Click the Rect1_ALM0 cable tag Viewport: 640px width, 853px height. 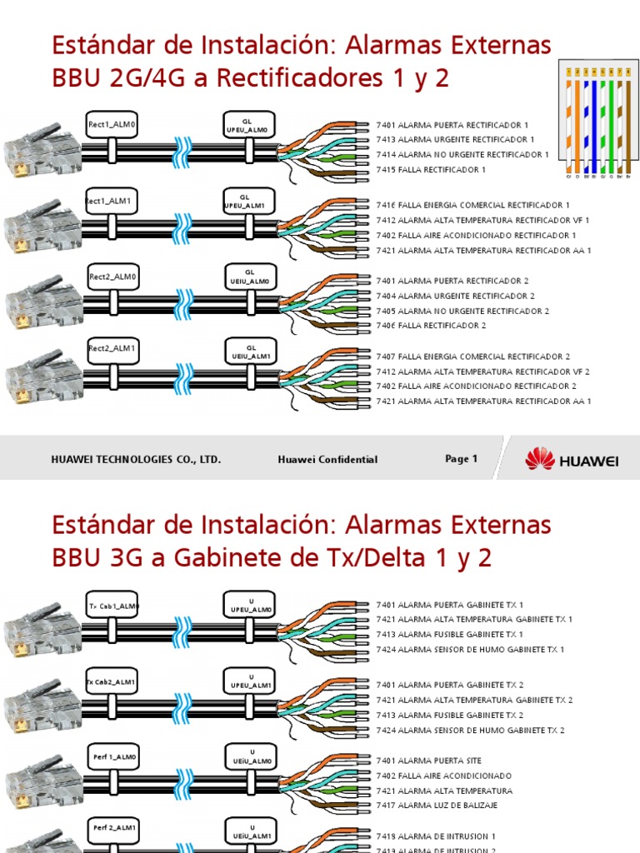pyautogui.click(x=112, y=126)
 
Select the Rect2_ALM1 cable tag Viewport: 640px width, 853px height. pyautogui.click(x=112, y=348)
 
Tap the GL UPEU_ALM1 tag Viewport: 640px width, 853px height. pyautogui.click(x=248, y=201)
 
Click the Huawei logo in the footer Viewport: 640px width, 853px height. pyautogui.click(x=571, y=459)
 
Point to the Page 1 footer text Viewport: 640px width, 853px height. pyautogui.click(x=461, y=459)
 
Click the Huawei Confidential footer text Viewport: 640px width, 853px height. pyautogui.click(x=327, y=460)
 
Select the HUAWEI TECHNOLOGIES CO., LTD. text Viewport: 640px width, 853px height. pyautogui.click(x=136, y=460)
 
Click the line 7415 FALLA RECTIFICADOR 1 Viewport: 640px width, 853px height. pyautogui.click(x=431, y=170)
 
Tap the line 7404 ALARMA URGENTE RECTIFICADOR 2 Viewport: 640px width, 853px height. pyautogui.click(x=455, y=296)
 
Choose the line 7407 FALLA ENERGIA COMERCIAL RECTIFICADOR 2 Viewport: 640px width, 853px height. pyautogui.click(x=473, y=357)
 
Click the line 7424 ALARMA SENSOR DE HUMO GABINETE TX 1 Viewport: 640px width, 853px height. pyautogui.click(x=470, y=650)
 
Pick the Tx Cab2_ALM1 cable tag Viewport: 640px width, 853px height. pyautogui.click(x=112, y=681)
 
